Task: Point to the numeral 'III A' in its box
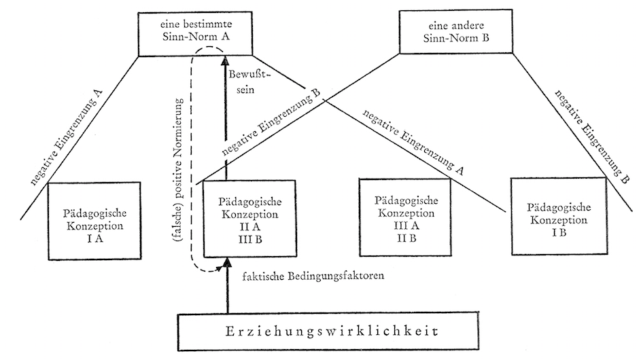(x=402, y=225)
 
